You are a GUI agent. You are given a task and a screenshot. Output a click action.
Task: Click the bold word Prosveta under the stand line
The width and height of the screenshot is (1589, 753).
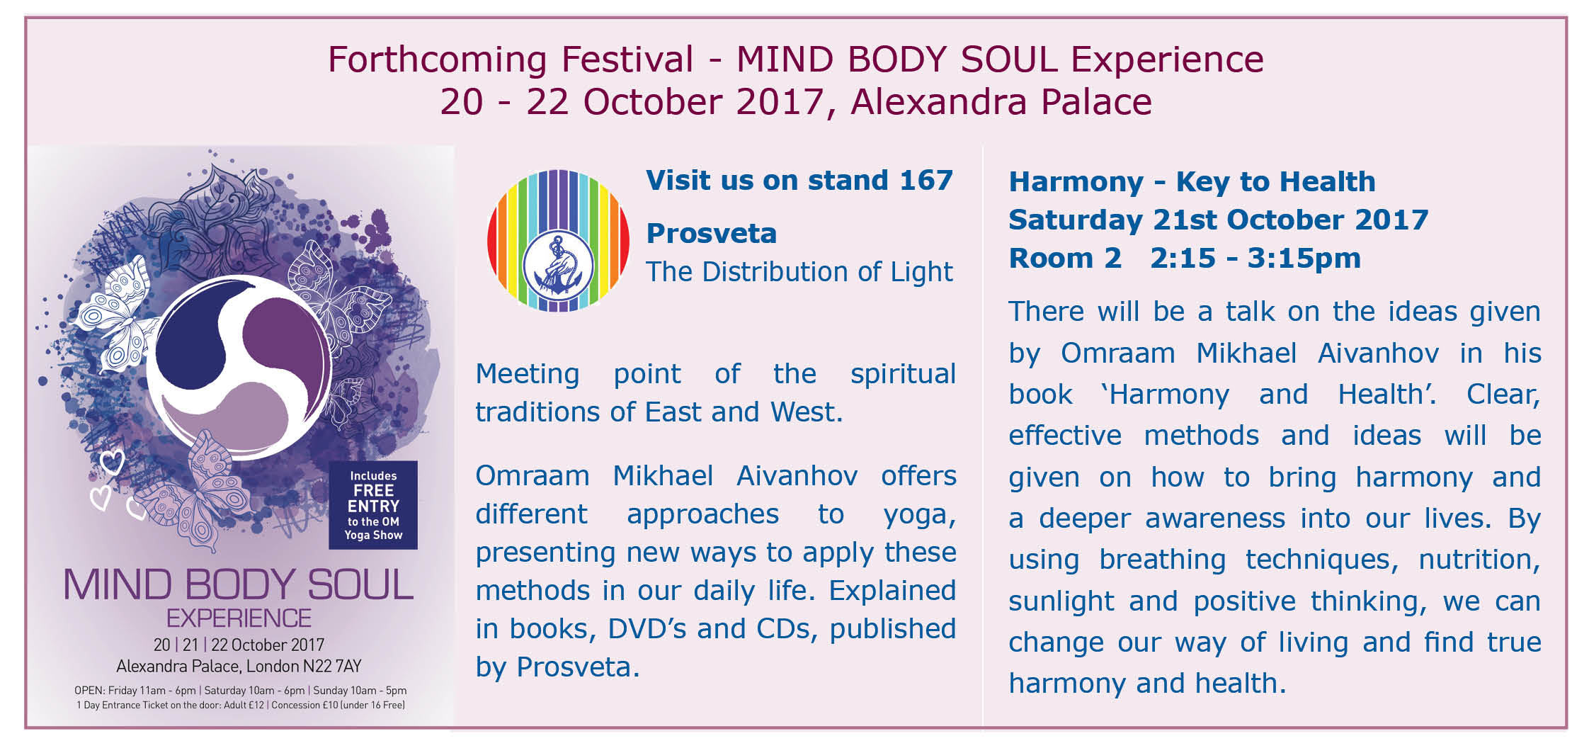(x=711, y=233)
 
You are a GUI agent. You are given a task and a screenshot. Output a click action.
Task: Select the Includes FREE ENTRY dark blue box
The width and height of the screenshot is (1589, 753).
(x=373, y=505)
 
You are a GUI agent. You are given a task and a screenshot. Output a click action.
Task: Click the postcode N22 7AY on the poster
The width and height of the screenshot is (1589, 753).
(x=332, y=667)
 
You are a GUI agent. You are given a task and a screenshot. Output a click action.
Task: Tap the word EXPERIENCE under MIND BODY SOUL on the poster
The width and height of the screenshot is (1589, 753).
(x=239, y=618)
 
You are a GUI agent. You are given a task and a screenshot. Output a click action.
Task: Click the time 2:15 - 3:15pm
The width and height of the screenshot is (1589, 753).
(x=1255, y=259)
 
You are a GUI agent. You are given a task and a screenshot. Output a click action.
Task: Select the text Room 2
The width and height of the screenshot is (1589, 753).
(x=1065, y=258)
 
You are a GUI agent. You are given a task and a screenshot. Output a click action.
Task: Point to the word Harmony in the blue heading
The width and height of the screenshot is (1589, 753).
(x=1076, y=183)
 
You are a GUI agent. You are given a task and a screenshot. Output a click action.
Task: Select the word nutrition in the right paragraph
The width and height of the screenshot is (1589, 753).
(x=1479, y=560)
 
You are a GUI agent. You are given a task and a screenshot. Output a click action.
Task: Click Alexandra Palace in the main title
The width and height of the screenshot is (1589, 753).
(x=1001, y=102)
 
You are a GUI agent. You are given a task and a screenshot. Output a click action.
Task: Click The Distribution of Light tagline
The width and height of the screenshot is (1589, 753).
(x=799, y=272)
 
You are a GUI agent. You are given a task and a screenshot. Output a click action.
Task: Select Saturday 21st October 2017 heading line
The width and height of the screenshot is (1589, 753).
(x=1219, y=220)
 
